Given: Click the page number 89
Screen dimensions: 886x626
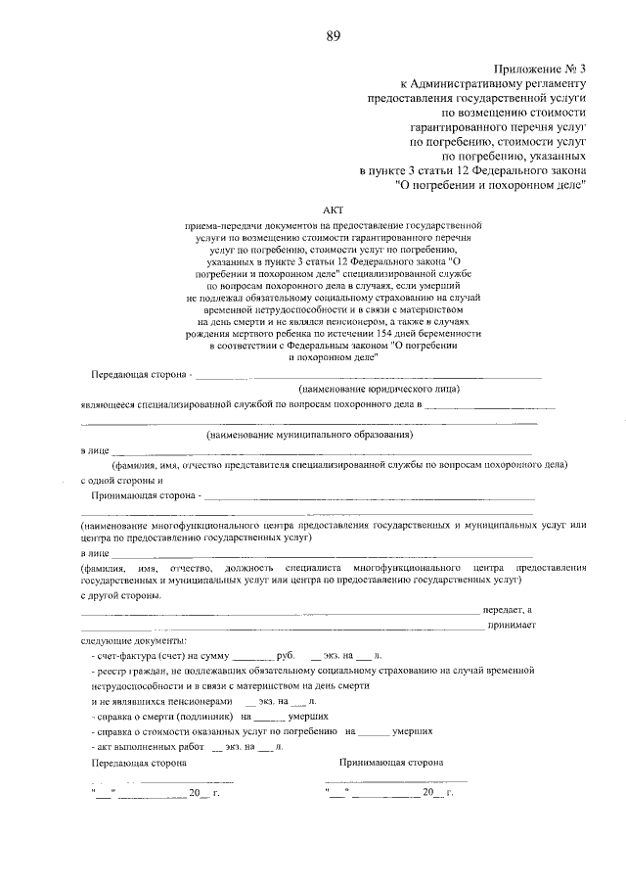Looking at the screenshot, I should point(334,37).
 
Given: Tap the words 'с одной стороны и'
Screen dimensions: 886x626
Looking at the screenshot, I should point(121,481).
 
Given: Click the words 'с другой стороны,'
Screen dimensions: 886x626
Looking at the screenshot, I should point(122,596).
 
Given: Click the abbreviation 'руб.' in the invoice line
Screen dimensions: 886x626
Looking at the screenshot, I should point(286,654).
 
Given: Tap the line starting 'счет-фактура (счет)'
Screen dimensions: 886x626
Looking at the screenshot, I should point(146,654).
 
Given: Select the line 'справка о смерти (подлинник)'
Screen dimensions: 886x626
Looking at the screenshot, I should point(158,716).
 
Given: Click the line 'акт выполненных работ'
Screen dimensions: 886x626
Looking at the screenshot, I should point(143,746).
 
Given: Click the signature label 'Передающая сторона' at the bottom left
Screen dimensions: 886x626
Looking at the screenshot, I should point(138,762).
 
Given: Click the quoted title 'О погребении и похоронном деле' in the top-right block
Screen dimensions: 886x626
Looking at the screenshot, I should point(490,183).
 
